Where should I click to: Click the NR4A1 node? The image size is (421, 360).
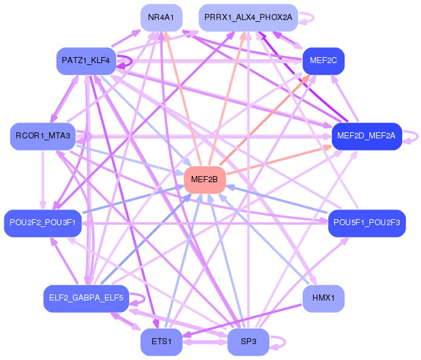[x=161, y=18]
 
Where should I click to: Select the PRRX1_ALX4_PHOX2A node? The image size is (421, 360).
[x=248, y=18]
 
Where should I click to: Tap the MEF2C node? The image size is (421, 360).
[x=323, y=61]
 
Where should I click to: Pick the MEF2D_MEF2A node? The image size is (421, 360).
[x=366, y=136]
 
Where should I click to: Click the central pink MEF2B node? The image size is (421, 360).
[x=205, y=179]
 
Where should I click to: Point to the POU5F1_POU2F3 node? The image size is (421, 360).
[x=366, y=223]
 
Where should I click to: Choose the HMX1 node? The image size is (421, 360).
[x=323, y=298]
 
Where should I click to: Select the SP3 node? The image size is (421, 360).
[x=248, y=342]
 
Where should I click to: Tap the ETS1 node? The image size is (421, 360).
[x=161, y=342]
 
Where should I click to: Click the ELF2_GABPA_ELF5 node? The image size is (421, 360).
[x=86, y=298]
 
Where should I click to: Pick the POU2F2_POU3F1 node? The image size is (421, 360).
[x=42, y=223]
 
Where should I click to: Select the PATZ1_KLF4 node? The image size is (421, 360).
[x=86, y=61]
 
